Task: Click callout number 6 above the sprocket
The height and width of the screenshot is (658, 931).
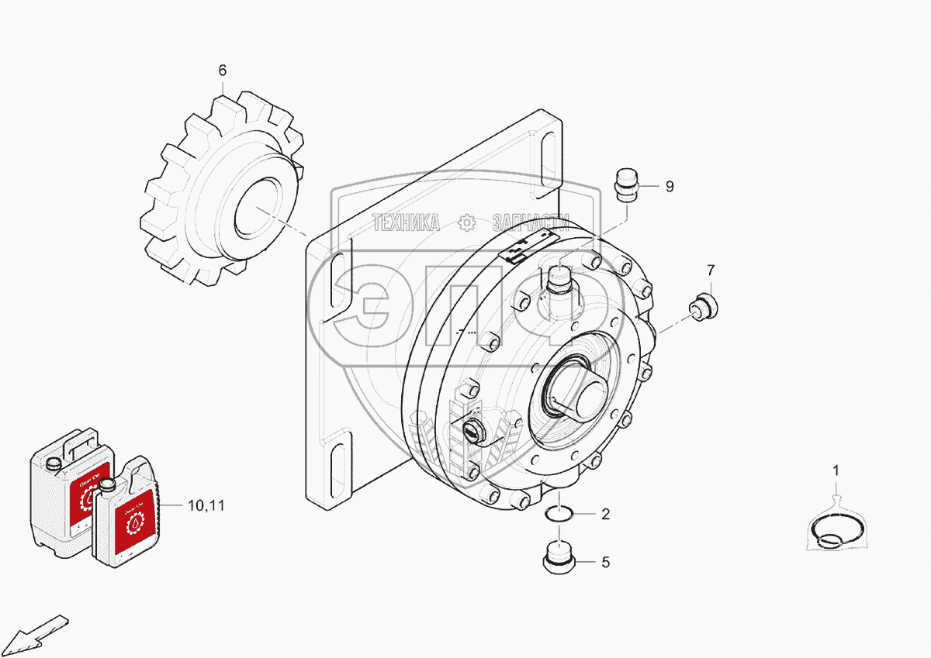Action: coord(222,71)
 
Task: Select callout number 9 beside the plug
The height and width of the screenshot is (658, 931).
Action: coord(669,186)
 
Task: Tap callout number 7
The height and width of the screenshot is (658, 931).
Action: coord(711,270)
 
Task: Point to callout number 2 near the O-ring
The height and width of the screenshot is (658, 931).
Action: coord(605,514)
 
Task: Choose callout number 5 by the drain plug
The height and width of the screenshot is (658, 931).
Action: coord(605,563)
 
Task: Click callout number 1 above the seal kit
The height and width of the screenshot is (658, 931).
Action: coord(836,470)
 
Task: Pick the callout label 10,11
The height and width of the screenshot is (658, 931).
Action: coord(206,505)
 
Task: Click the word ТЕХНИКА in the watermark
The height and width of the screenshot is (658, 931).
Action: coord(406,223)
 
